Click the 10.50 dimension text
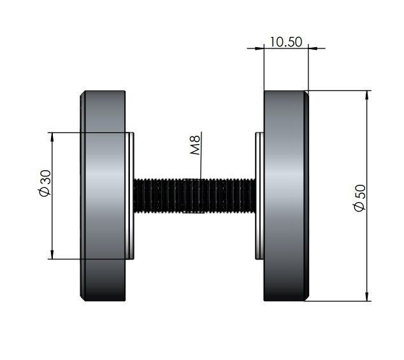[x=285, y=42]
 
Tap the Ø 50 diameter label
[x=359, y=198]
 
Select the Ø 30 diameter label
[x=45, y=184]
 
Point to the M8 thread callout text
[x=195, y=145]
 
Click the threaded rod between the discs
[x=195, y=196]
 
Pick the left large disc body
[x=105, y=196]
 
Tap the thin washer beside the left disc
[x=130, y=196]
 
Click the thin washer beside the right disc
[x=259, y=196]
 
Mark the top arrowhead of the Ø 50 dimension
[x=367, y=95]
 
